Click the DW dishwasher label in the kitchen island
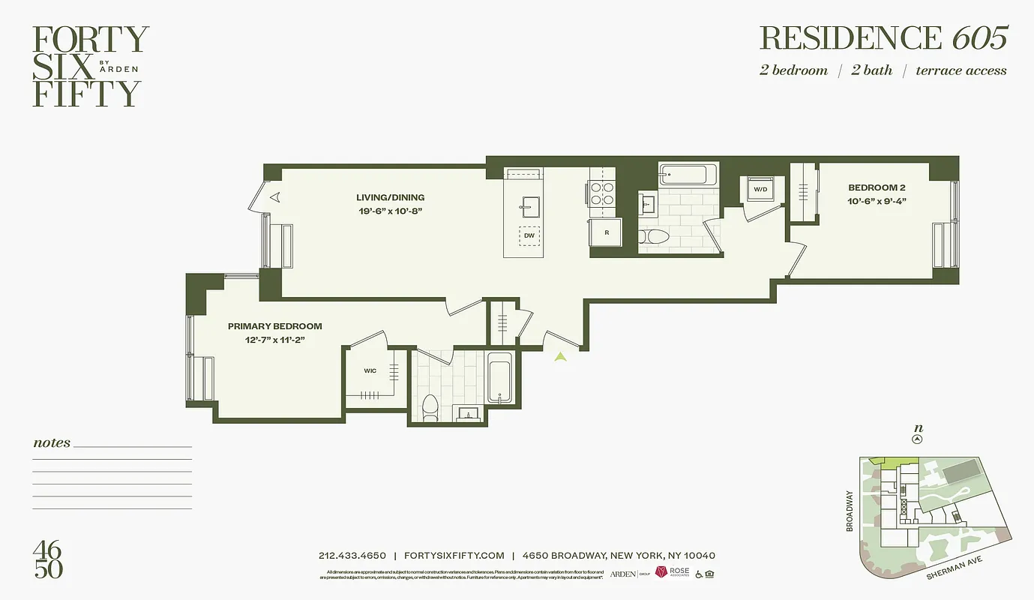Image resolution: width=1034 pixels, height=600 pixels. pyautogui.click(x=529, y=235)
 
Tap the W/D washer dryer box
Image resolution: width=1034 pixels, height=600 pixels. pyautogui.click(x=760, y=190)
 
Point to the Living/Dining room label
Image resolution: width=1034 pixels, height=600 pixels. pyautogui.click(x=390, y=197)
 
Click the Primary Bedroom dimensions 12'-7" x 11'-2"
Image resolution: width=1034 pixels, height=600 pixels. pyautogui.click(x=274, y=340)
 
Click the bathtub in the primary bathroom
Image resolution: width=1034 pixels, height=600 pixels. pyautogui.click(x=499, y=379)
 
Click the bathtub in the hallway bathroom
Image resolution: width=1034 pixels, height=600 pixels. pyautogui.click(x=688, y=175)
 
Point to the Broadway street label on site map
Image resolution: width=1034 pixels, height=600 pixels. pyautogui.click(x=850, y=511)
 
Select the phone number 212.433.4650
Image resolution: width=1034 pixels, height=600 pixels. pyautogui.click(x=352, y=556)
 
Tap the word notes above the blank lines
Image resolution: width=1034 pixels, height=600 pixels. pyautogui.click(x=52, y=442)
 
